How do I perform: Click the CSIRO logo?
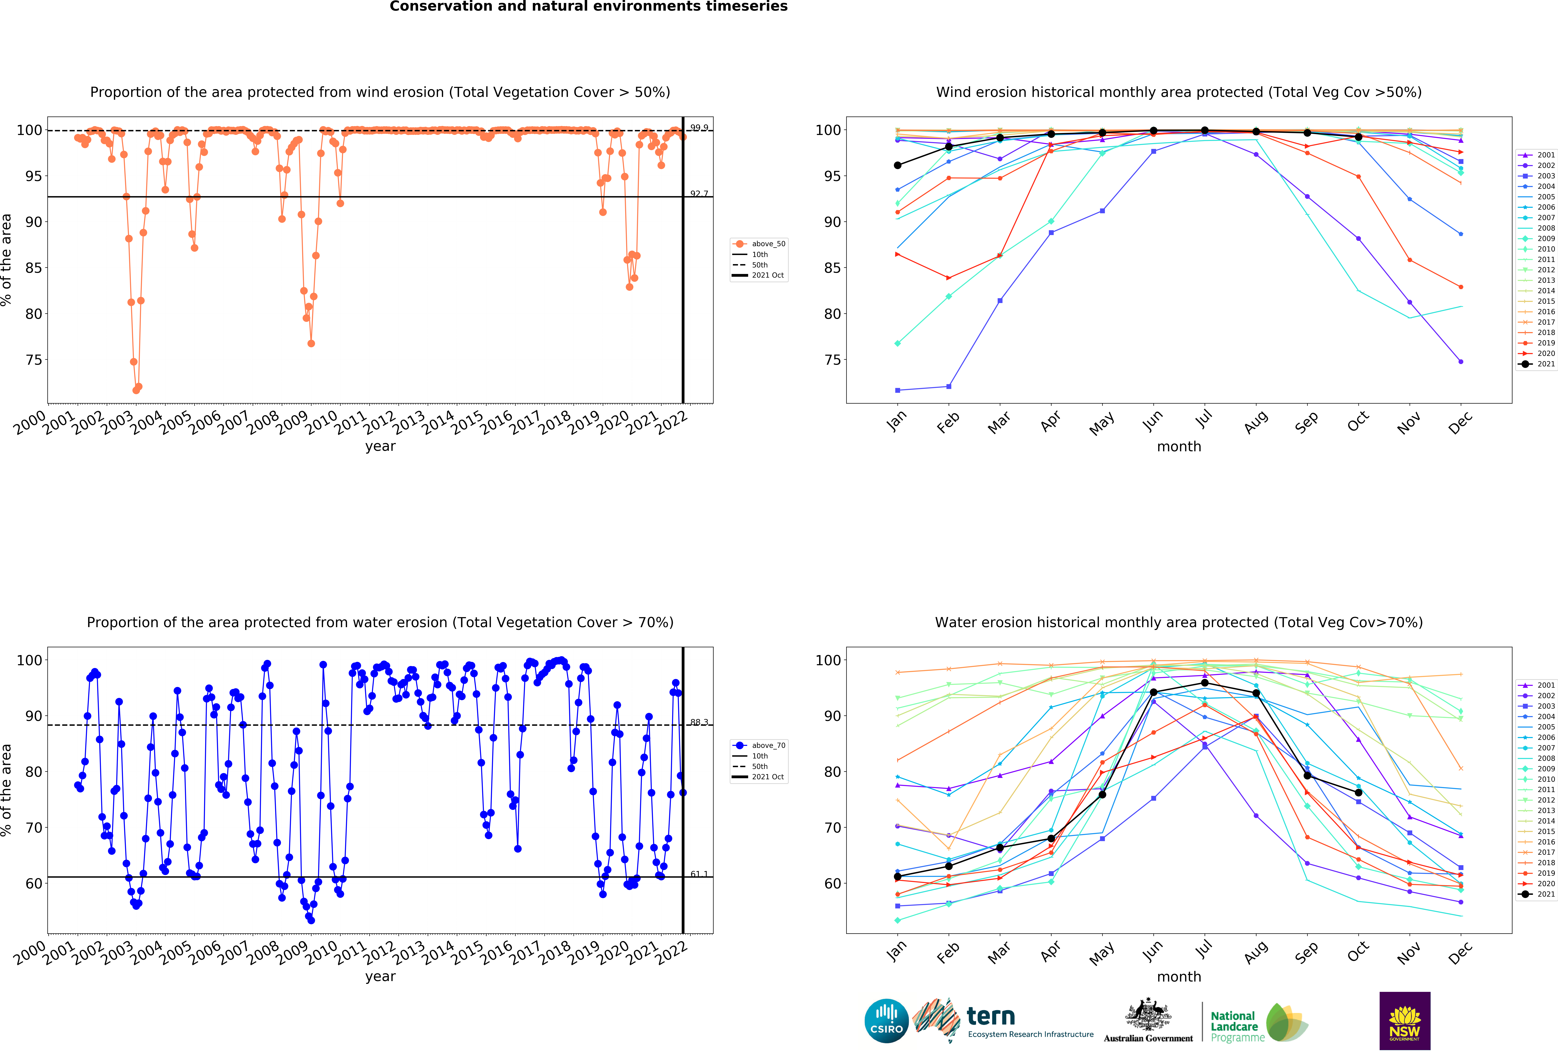[x=886, y=1021]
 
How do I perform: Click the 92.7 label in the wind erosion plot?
[x=699, y=194]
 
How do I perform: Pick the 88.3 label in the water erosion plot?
[x=699, y=722]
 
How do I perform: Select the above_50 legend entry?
[x=768, y=244]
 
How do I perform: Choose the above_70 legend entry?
[x=768, y=746]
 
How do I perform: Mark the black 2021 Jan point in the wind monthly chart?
[x=898, y=165]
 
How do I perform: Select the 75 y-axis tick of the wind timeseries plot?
[x=34, y=360]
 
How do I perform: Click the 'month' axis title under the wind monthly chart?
[x=1179, y=446]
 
